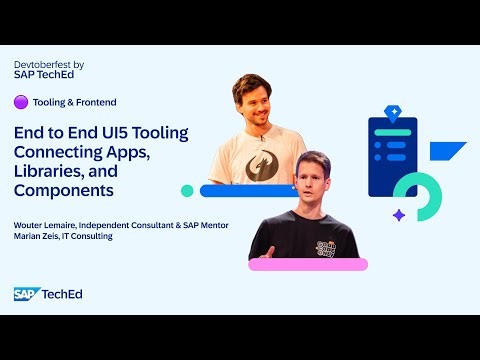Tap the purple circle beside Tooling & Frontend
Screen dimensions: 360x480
click(20, 102)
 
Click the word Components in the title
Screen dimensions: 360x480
click(65, 190)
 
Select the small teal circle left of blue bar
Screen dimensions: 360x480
click(187, 190)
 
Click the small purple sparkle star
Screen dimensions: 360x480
click(398, 214)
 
